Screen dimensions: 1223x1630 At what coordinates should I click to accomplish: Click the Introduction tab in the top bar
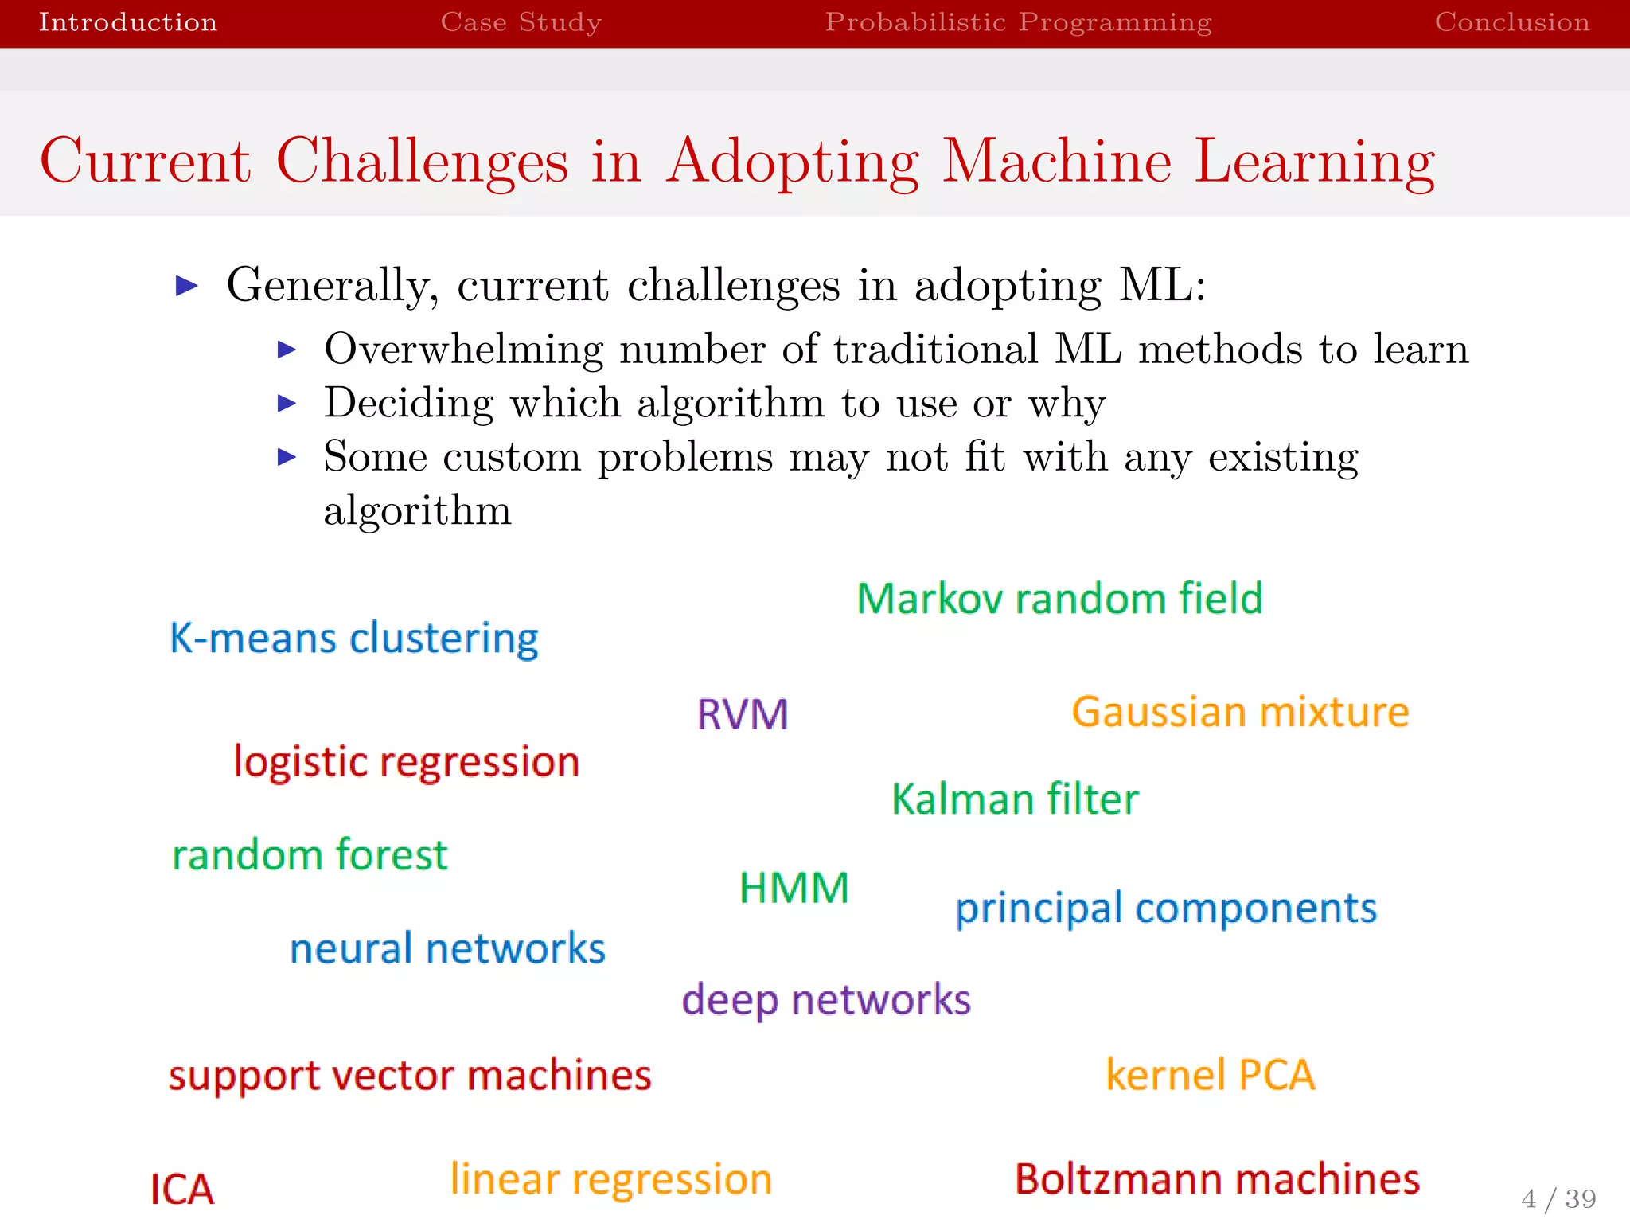tap(127, 22)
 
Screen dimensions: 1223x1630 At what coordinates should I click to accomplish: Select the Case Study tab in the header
tap(521, 22)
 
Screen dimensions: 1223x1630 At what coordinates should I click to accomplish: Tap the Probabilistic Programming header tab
tap(1018, 22)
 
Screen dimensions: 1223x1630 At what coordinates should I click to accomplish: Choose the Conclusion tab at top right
tap(1511, 22)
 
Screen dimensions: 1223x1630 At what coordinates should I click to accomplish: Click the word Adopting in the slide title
tap(793, 162)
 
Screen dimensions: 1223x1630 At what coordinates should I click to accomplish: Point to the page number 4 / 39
tap(1558, 1198)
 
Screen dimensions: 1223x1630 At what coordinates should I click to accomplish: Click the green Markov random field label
tap(1059, 599)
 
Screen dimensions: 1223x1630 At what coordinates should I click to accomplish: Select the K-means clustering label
tap(354, 639)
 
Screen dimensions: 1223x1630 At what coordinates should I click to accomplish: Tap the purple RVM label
tap(743, 714)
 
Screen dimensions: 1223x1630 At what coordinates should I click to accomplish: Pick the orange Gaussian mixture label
tap(1240, 712)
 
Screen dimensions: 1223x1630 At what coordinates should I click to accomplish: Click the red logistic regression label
tap(406, 763)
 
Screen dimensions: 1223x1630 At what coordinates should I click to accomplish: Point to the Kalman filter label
tap(1015, 799)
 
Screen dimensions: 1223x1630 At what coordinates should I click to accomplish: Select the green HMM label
tap(794, 888)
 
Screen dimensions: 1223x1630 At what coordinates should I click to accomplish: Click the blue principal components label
tap(1166, 909)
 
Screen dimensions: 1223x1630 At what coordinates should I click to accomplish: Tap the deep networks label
tap(826, 1000)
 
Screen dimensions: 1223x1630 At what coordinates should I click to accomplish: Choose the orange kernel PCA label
tap(1210, 1075)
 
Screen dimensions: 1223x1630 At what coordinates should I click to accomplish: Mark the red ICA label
tap(182, 1190)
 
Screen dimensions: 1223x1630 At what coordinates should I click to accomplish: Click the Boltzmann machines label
tap(1217, 1179)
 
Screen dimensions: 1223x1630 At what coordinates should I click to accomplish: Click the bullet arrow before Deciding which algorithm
tap(287, 404)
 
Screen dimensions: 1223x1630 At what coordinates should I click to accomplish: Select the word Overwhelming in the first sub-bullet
tap(463, 350)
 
